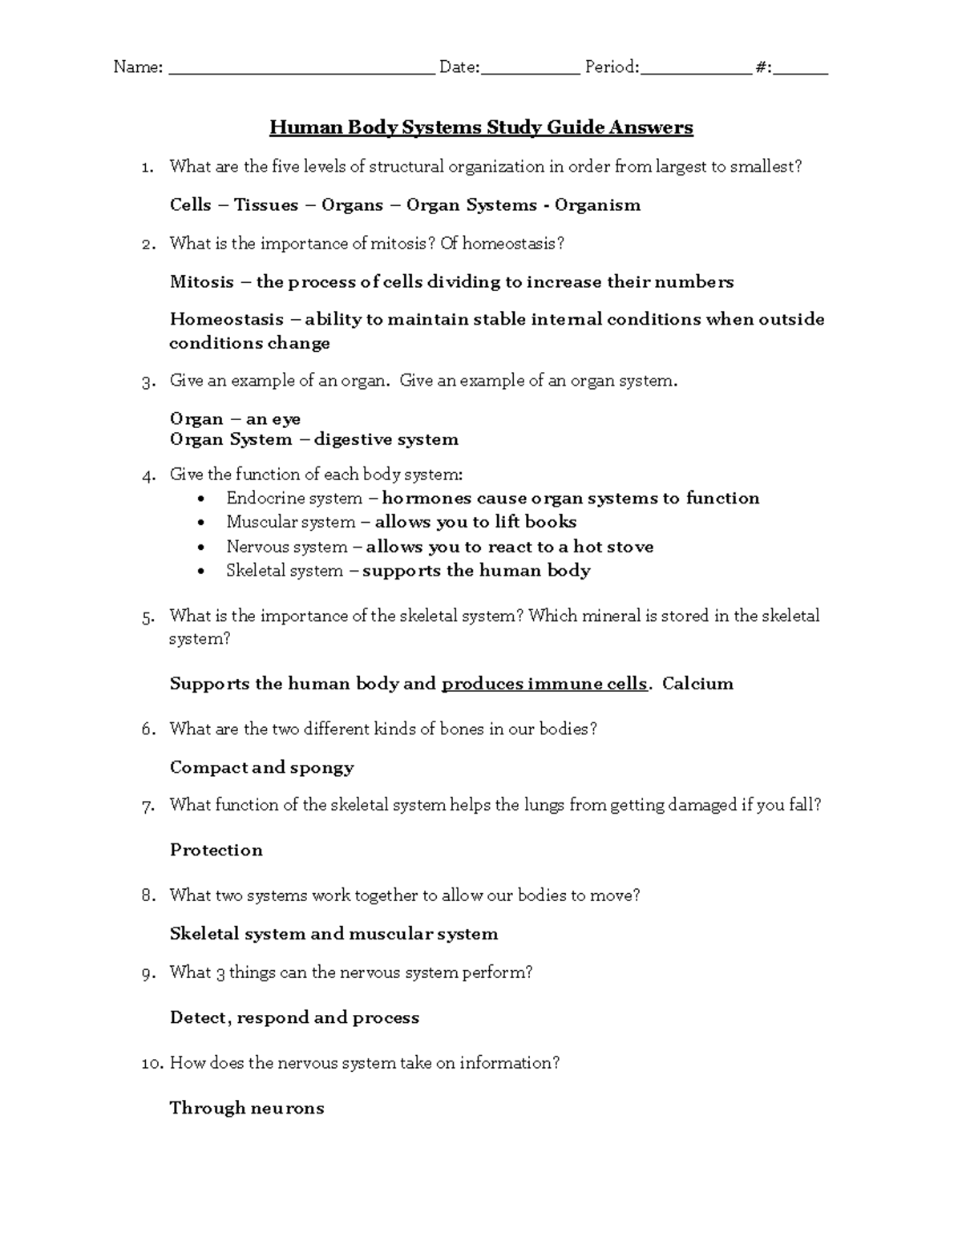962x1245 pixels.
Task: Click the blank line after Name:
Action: (x=301, y=71)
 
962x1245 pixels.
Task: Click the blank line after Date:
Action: (x=530, y=71)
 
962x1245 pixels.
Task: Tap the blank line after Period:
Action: (x=696, y=71)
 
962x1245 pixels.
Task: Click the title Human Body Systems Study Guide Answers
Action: (x=481, y=127)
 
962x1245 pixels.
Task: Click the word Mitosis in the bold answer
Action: (x=202, y=282)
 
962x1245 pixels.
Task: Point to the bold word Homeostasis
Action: (x=227, y=320)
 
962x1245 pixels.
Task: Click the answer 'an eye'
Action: (x=273, y=419)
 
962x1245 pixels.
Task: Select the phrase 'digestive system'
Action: (x=386, y=440)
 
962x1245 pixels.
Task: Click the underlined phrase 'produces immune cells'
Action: (x=544, y=685)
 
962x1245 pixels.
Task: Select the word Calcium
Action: (x=697, y=685)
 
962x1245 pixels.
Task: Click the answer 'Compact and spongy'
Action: (x=262, y=768)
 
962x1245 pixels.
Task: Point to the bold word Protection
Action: (x=216, y=851)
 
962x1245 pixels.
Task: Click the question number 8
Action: (x=148, y=896)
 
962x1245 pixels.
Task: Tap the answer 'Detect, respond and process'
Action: (x=294, y=1018)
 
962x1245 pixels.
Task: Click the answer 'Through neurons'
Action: (x=247, y=1109)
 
